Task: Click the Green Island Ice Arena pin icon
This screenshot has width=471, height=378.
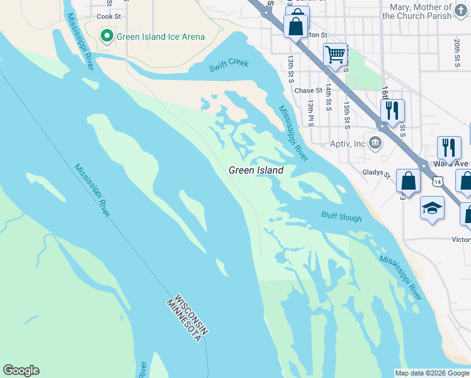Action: (107, 37)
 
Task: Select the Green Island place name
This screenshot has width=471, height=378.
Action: (256, 170)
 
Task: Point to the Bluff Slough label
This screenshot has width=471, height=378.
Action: (341, 217)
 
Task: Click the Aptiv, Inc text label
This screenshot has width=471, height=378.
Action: (348, 144)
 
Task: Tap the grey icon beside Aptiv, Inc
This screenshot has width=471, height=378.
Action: (376, 143)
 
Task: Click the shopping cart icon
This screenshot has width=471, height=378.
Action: (336, 55)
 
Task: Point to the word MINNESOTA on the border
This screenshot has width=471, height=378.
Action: (183, 321)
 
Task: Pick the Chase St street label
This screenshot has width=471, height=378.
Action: (312, 91)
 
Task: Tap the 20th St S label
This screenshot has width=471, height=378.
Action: (457, 52)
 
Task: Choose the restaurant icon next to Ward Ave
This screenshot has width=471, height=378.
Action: (449, 148)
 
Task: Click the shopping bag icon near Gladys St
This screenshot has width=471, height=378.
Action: (408, 181)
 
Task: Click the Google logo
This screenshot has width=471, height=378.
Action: (21, 370)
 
